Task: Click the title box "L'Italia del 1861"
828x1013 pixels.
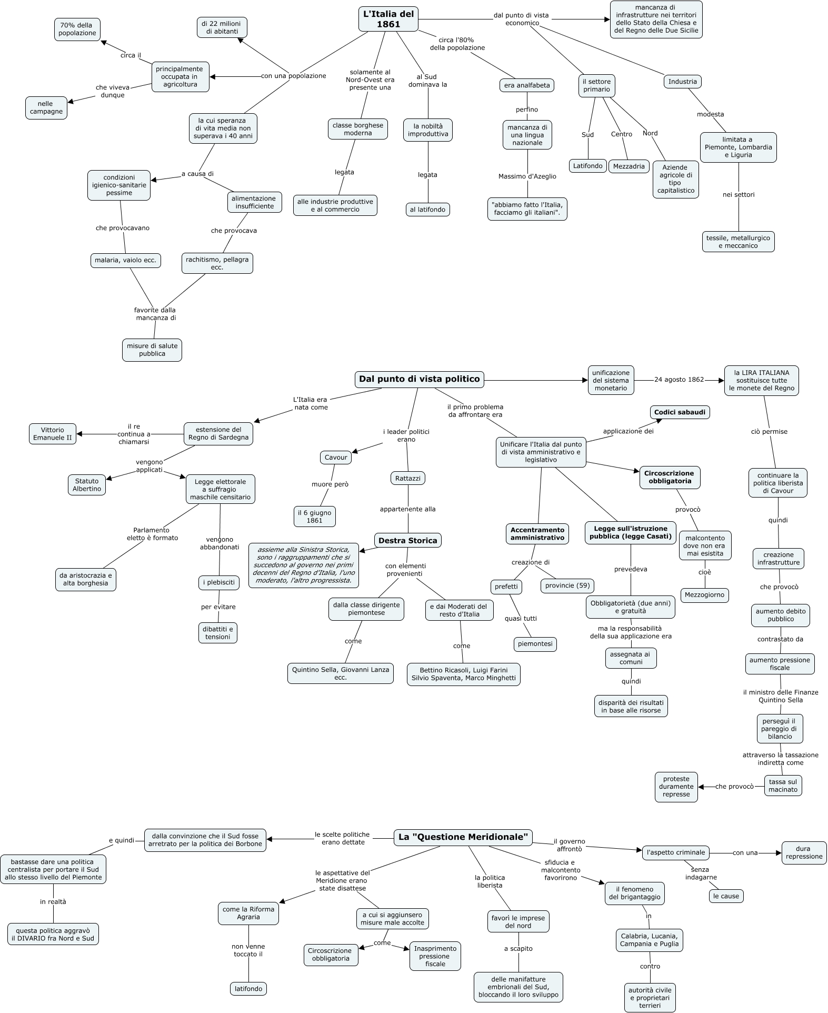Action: [x=388, y=19]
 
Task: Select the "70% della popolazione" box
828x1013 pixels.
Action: [x=77, y=29]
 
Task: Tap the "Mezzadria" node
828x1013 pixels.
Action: [x=629, y=166]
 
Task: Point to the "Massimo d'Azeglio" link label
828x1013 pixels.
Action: [x=527, y=176]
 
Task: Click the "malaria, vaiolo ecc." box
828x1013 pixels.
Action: [x=125, y=260]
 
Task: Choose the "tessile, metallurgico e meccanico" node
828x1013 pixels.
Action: [x=738, y=242]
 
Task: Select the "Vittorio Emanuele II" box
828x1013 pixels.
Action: [x=52, y=434]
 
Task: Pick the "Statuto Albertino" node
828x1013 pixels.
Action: [x=87, y=485]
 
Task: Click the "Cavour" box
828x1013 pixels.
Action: [x=336, y=458]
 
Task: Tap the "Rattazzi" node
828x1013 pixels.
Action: [x=408, y=478]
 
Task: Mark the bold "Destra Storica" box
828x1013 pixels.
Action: [x=408, y=541]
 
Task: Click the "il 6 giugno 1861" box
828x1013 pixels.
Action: [x=314, y=517]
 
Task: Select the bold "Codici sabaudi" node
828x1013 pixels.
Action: [x=680, y=412]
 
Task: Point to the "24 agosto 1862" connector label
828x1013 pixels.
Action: [x=679, y=380]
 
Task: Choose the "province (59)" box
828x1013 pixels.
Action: [x=568, y=585]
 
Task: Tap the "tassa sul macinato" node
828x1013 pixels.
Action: [x=783, y=786]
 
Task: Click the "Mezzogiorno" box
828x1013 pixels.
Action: [x=705, y=595]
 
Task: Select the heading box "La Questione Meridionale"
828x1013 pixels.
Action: [x=463, y=838]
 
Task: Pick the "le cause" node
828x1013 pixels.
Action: [x=726, y=896]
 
